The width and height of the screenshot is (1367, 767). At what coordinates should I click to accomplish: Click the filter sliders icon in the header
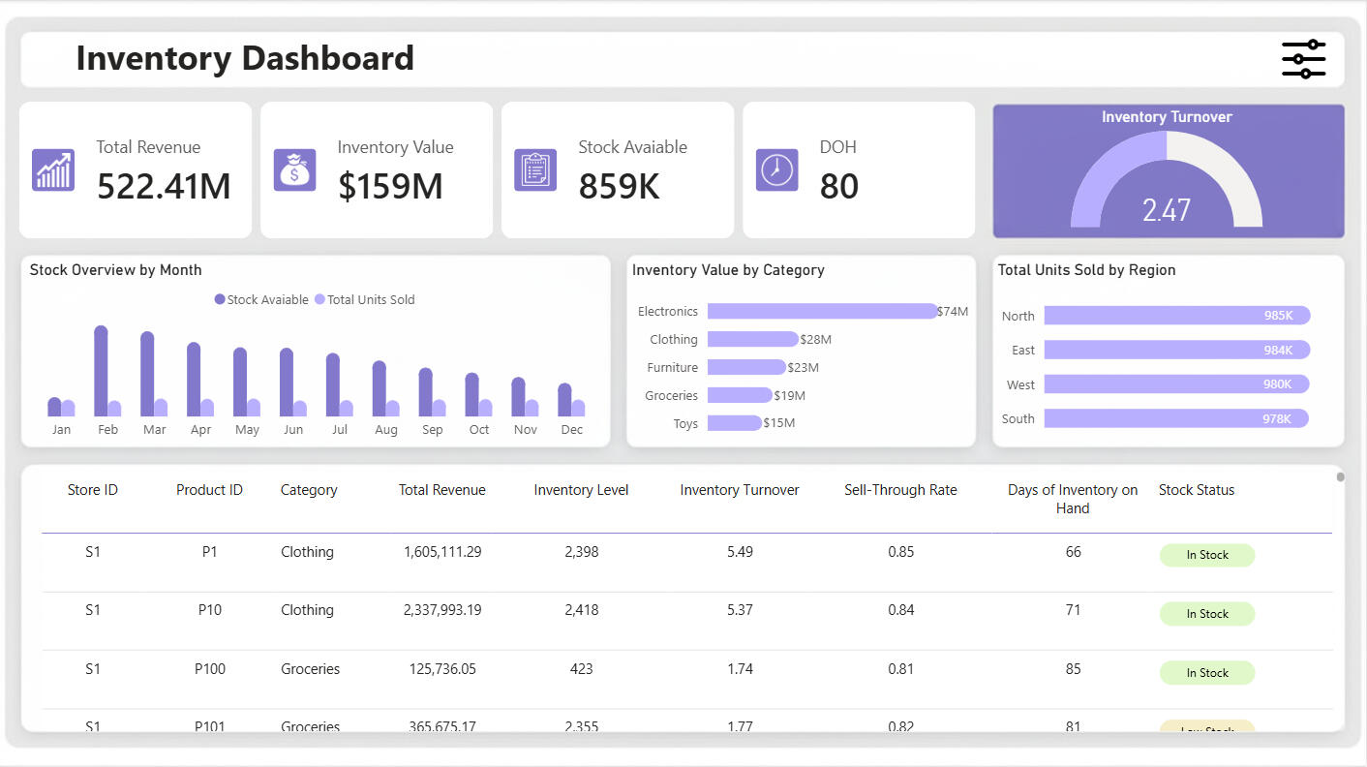click(x=1303, y=59)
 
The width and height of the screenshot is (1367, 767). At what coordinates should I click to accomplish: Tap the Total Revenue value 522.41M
click(x=164, y=186)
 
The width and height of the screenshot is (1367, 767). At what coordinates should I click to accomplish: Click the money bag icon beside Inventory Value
click(x=294, y=169)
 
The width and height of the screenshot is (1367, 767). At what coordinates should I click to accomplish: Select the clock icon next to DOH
click(x=776, y=169)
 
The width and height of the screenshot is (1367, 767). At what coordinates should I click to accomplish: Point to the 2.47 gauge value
click(x=1166, y=209)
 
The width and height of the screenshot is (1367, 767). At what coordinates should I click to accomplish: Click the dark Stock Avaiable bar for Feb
click(x=101, y=371)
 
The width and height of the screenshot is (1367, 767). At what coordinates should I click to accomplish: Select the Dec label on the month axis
click(x=571, y=430)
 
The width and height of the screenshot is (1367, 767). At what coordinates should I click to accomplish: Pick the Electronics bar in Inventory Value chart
click(x=822, y=311)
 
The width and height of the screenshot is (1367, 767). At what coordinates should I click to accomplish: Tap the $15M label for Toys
click(x=778, y=423)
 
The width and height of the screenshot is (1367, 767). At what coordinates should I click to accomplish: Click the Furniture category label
click(x=672, y=367)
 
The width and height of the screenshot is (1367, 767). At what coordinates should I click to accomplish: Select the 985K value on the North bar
click(x=1277, y=316)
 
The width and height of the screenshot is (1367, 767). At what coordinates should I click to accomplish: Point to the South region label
click(x=1018, y=418)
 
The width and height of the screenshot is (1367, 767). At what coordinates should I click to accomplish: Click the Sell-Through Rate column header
click(x=899, y=490)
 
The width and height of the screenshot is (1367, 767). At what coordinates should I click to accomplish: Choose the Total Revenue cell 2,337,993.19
click(x=441, y=610)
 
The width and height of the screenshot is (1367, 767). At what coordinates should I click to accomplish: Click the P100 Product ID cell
click(x=209, y=669)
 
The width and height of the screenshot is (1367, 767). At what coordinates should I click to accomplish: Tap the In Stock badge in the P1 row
click(x=1206, y=555)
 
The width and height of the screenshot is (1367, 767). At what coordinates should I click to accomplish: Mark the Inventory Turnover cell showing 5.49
click(x=739, y=552)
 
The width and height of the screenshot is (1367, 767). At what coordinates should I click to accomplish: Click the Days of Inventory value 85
click(x=1072, y=669)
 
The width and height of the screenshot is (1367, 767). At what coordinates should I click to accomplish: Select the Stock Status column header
click(x=1196, y=490)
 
